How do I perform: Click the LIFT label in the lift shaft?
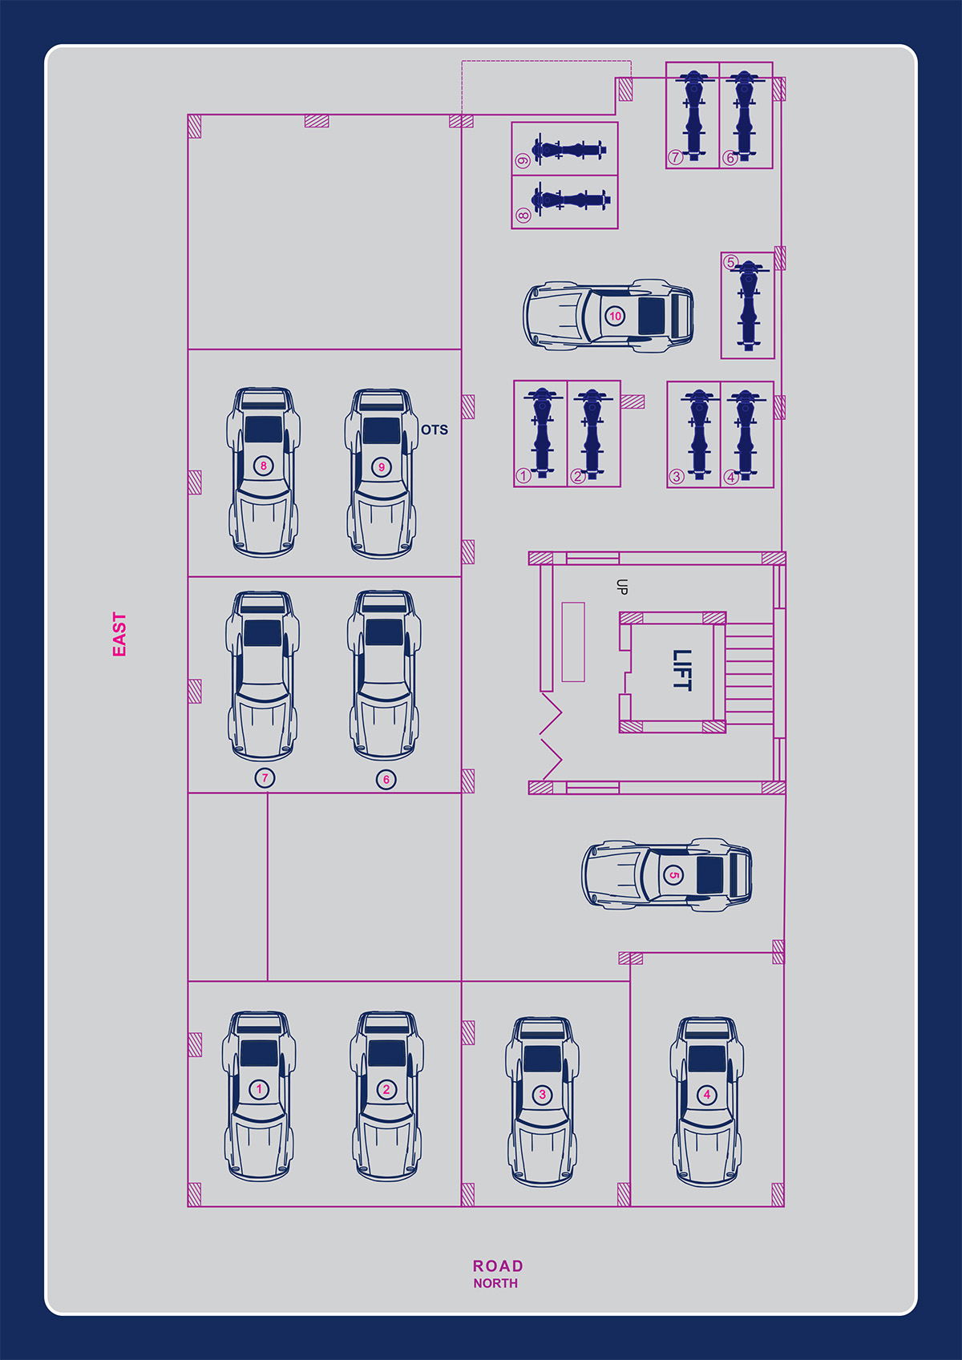682,670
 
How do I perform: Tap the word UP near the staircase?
622,587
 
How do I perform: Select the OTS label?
435,430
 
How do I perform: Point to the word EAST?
119,634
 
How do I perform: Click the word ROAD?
498,1266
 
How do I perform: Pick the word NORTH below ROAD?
495,1284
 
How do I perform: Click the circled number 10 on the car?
615,316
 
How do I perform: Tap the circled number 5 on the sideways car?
673,875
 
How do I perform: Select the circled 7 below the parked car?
265,777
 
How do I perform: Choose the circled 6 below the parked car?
386,779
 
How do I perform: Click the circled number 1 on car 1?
259,1088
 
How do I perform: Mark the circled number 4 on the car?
706,1095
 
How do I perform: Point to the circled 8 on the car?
264,466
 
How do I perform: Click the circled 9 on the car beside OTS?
382,467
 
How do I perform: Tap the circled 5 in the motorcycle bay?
730,262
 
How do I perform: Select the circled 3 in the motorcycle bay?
677,477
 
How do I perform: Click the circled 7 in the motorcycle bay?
675,157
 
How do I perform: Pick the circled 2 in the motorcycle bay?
577,476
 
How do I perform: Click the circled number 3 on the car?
543,1094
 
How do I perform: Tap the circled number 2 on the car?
386,1089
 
